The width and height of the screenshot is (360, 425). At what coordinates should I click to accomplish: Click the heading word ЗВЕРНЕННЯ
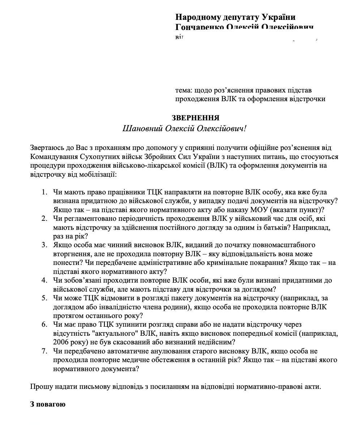pyautogui.click(x=195, y=118)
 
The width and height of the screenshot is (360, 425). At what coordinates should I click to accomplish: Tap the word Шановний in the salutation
pyautogui.click(x=142, y=129)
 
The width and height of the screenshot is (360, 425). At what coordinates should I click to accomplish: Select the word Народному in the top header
pyautogui.click(x=198, y=17)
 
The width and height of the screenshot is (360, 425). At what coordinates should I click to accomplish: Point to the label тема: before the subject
pyautogui.click(x=183, y=90)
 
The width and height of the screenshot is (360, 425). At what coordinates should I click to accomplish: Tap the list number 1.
pyautogui.click(x=44, y=192)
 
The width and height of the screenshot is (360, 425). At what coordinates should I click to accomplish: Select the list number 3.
pyautogui.click(x=44, y=245)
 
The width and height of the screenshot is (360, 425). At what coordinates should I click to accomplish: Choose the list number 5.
pyautogui.click(x=44, y=298)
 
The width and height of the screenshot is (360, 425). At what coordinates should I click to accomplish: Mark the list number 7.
pyautogui.click(x=44, y=351)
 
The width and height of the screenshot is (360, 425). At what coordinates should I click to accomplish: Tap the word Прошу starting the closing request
pyautogui.click(x=40, y=386)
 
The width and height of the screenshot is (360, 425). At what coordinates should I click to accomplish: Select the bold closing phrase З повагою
pyautogui.click(x=48, y=404)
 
